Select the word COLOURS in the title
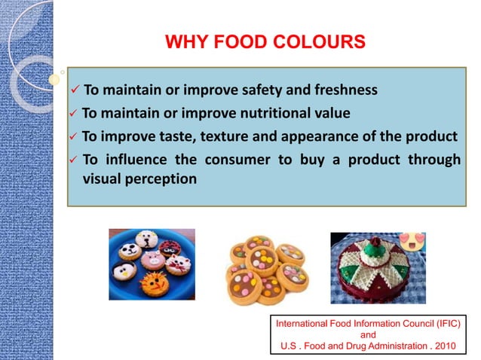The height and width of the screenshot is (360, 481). (317, 40)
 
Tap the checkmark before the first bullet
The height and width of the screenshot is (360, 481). (75, 92)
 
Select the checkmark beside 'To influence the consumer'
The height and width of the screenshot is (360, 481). (73, 160)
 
